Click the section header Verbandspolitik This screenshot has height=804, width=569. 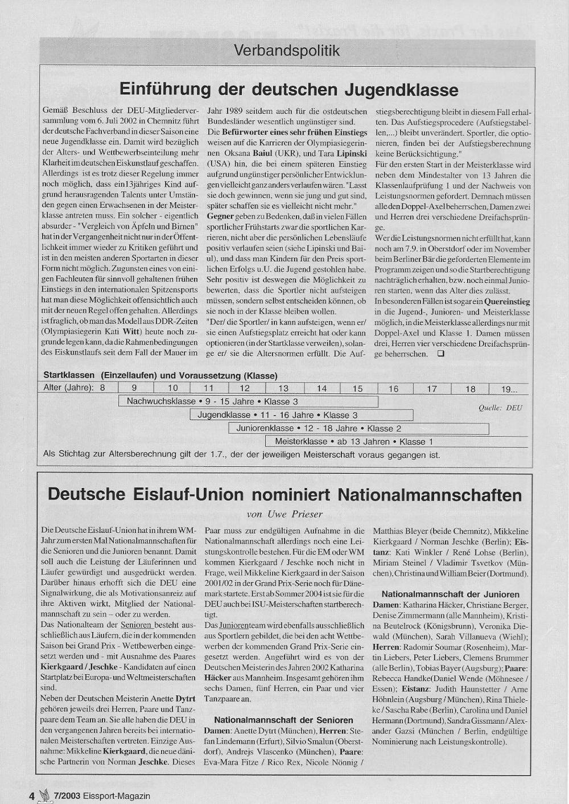pos(287,51)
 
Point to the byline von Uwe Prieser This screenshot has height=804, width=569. pos(284,514)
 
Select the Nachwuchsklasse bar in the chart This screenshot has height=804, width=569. pos(248,401)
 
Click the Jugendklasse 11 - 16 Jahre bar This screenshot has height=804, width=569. pos(302,415)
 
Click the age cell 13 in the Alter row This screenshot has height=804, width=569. pos(283,388)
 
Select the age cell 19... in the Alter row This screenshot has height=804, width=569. pos(509,389)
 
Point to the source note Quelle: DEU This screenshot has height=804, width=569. pos(500,408)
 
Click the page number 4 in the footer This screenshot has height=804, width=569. pos(32,795)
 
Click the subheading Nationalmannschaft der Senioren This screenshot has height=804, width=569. pos(283,720)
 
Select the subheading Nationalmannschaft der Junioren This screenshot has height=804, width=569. pos(450,594)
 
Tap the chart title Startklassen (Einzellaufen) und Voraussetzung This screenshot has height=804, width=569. pos(160,376)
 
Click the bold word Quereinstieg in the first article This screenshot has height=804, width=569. pos(507,301)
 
